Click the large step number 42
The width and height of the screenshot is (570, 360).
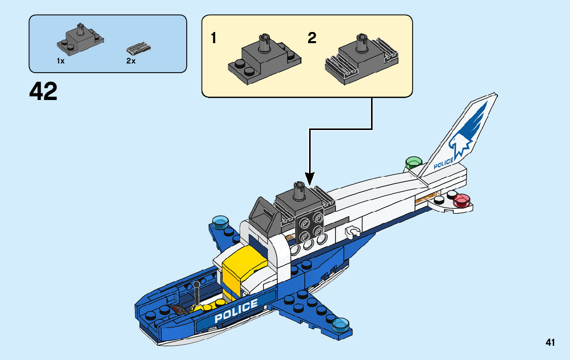pyautogui.click(x=44, y=92)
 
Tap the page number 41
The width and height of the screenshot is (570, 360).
pyautogui.click(x=550, y=343)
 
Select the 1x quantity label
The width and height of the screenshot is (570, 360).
pyautogui.click(x=60, y=61)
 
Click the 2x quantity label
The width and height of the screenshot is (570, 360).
pyautogui.click(x=130, y=61)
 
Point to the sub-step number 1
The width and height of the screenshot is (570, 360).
pyautogui.click(x=214, y=38)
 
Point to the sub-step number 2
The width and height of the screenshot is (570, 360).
pyautogui.click(x=312, y=38)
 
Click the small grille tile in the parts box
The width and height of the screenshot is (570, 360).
pyautogui.click(x=139, y=49)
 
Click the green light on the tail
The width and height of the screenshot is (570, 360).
pyautogui.click(x=413, y=162)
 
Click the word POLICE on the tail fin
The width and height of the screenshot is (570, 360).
pyautogui.click(x=444, y=163)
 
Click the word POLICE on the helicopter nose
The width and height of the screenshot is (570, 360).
pyautogui.click(x=236, y=311)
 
